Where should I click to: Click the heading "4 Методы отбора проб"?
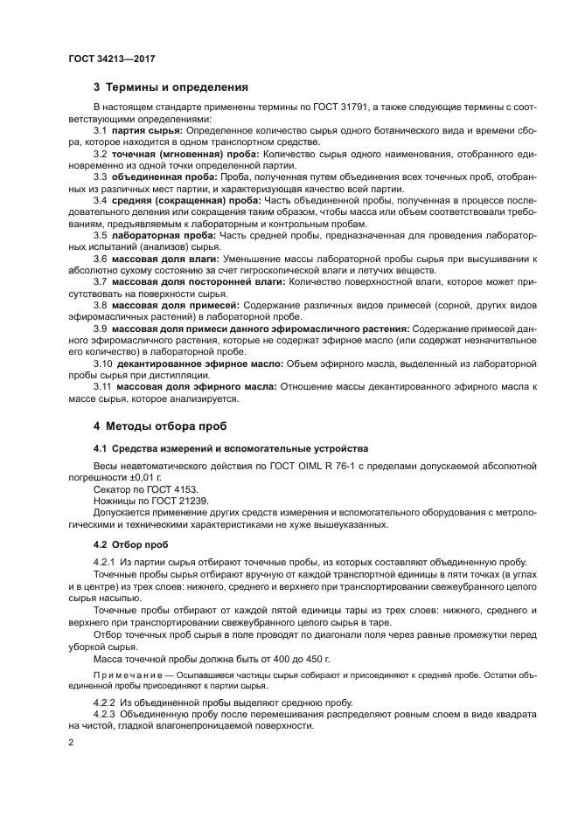click(x=159, y=426)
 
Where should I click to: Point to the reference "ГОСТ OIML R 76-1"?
click(x=303, y=467)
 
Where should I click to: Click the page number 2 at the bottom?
click(x=71, y=744)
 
